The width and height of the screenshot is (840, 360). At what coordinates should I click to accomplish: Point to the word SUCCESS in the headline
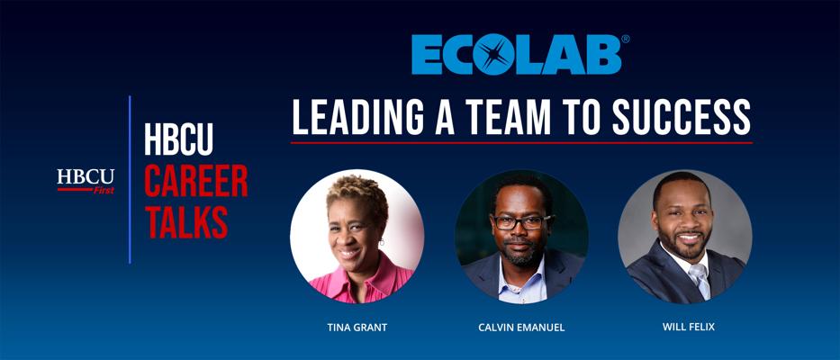coord(682,117)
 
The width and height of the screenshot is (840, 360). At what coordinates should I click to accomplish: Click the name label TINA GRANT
coord(357,328)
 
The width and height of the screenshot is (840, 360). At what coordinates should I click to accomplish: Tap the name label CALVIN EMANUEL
coord(521,328)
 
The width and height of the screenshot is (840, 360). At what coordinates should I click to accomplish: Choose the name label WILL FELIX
coord(689,326)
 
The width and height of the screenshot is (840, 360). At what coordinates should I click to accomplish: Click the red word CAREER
coord(196,181)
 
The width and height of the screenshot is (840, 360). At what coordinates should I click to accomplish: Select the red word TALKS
coord(186,221)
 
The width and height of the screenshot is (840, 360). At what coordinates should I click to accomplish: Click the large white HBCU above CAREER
coord(178,139)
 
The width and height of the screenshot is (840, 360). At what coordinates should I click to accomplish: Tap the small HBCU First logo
coord(86,181)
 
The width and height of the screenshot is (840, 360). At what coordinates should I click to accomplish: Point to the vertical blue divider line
coord(130,179)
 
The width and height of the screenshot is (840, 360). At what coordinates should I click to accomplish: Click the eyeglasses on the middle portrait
coord(521,221)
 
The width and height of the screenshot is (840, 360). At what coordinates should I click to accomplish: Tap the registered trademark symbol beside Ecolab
coord(625,39)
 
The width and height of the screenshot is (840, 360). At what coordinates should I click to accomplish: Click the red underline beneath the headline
coord(522,142)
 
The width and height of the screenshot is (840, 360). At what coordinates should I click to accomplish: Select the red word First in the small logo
coord(104,190)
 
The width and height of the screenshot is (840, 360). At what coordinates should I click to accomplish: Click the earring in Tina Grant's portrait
coord(382,242)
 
